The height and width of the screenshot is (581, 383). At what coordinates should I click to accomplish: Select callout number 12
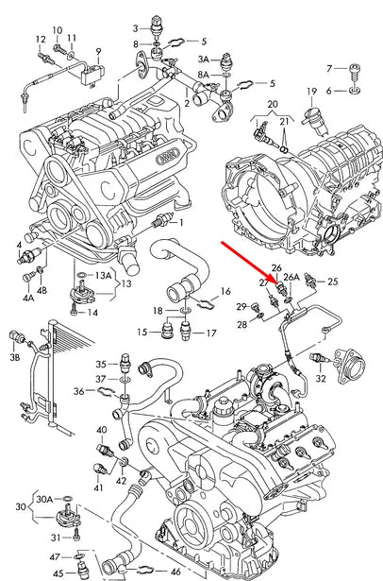click(x=40, y=39)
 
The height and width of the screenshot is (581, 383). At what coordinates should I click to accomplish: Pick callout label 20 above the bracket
click(x=272, y=102)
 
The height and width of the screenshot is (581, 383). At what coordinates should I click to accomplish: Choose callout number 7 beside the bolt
click(x=329, y=69)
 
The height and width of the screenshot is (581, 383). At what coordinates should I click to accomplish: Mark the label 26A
click(x=291, y=278)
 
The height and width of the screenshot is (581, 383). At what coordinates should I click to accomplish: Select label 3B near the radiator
click(x=14, y=359)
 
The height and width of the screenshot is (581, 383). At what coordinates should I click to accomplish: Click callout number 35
click(x=100, y=363)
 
